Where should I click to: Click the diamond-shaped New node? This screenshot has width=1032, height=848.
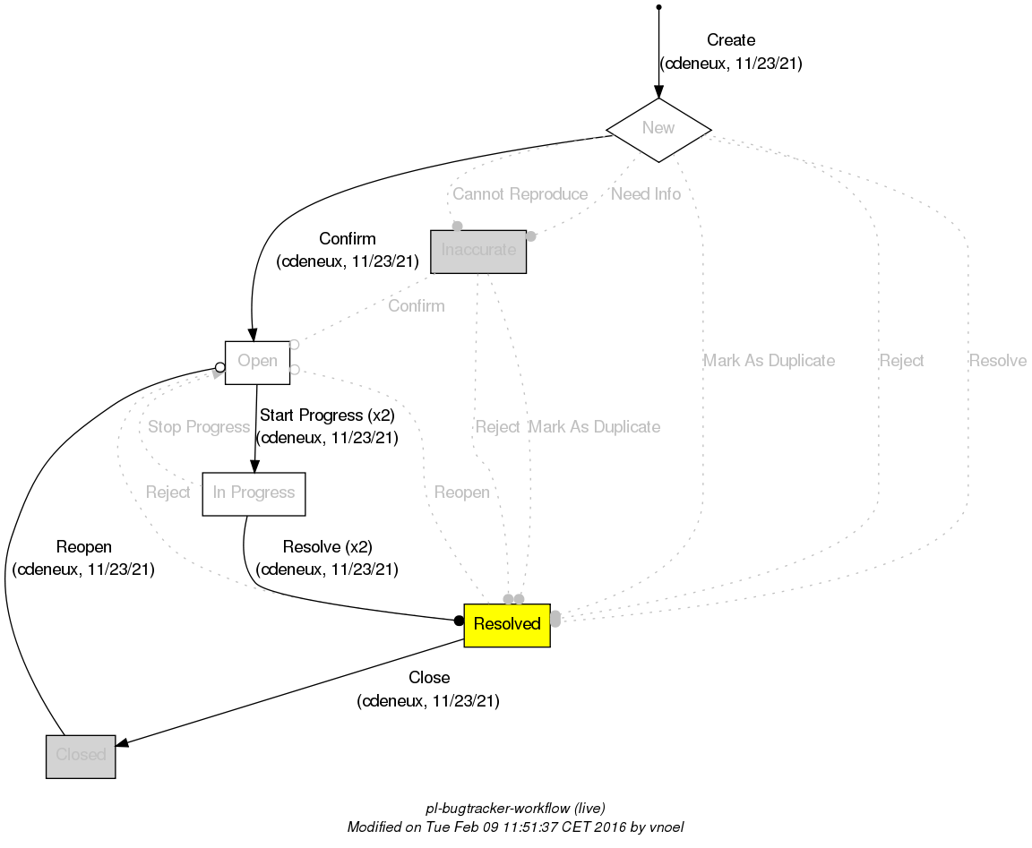[658, 128]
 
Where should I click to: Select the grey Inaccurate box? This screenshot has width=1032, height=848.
[478, 251]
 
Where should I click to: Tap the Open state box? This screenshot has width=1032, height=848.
[257, 362]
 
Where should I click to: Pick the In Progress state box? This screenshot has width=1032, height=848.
[254, 493]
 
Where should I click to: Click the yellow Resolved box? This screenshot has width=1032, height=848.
[506, 624]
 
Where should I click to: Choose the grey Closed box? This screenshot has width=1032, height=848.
[81, 755]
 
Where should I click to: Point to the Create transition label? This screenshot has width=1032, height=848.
[730, 40]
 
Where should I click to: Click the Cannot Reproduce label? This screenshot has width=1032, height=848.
[520, 194]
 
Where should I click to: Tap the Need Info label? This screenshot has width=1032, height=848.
[645, 194]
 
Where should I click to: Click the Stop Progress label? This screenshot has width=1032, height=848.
[198, 427]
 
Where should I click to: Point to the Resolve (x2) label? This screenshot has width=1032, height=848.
[327, 547]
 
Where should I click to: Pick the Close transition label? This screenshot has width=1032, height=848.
[428, 678]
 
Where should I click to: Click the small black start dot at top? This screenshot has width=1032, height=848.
[658, 7]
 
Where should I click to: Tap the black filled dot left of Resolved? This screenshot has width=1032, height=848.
[459, 620]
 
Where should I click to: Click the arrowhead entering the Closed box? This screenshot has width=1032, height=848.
[123, 742]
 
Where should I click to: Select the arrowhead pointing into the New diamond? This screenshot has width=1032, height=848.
[658, 90]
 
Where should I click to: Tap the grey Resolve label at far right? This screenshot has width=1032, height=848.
[997, 361]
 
